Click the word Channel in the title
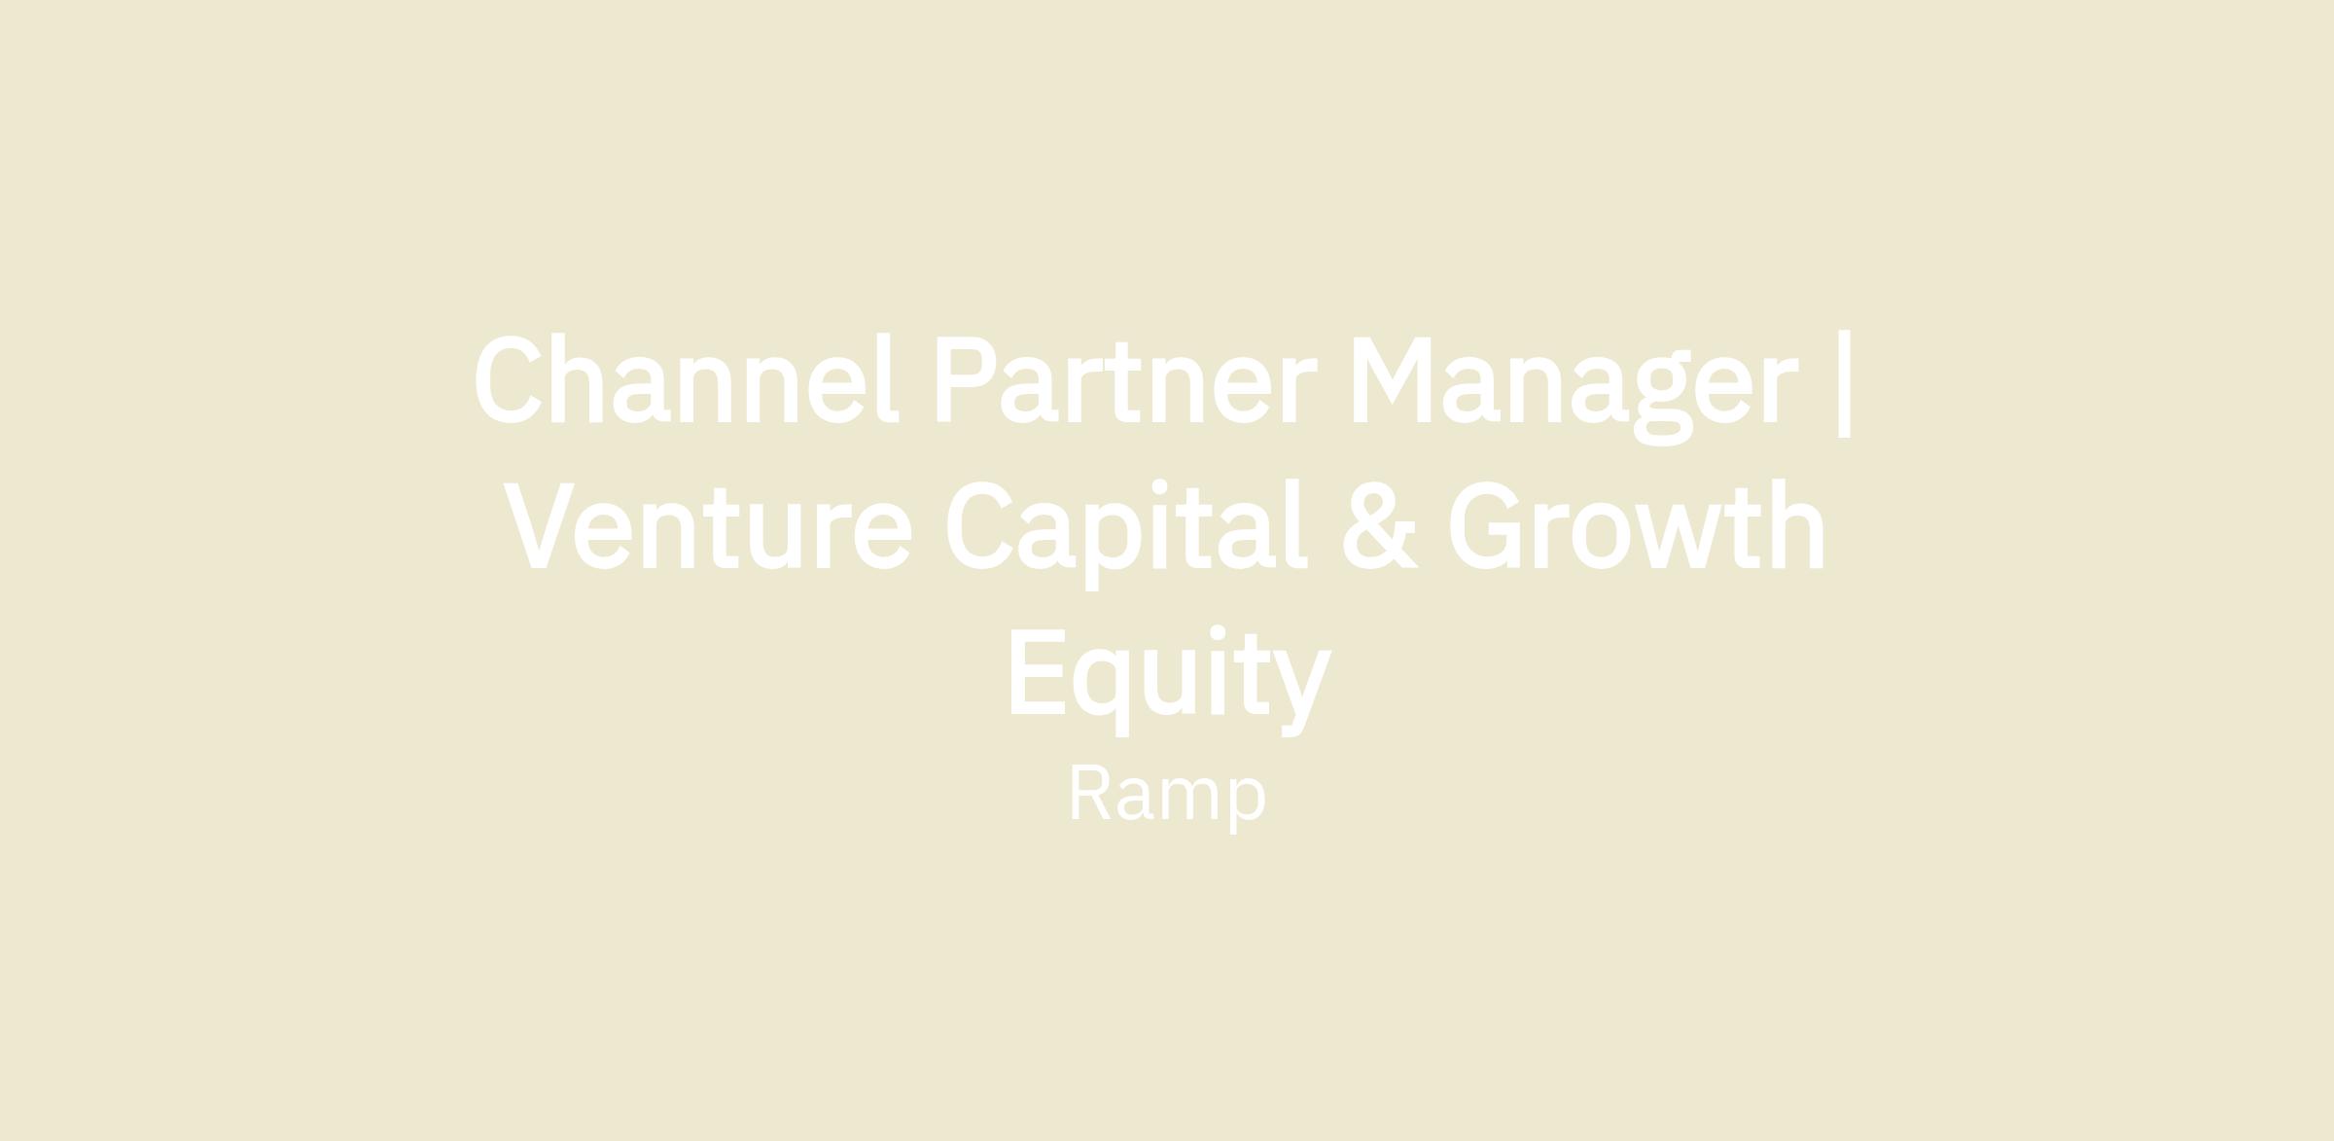[687, 378]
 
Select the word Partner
[1126, 380]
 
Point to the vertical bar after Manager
[1844, 384]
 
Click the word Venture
[708, 525]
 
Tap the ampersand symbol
[1381, 525]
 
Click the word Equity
[1170, 681]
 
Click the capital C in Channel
[508, 379]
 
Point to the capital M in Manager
[1392, 380]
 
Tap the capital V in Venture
[539, 525]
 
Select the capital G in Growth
[1484, 525]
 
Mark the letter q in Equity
[1102, 692]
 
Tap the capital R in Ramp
[1091, 793]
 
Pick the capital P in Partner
[966, 380]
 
